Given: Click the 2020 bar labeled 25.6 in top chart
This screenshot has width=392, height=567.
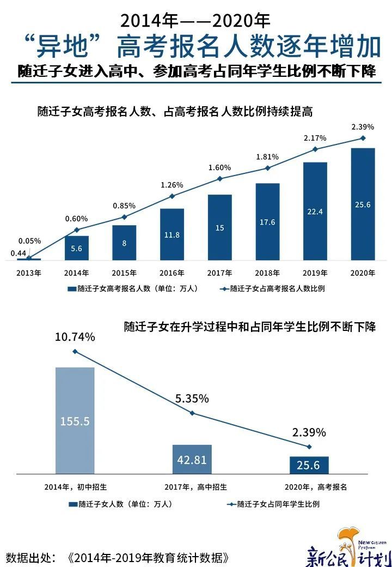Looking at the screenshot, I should pyautogui.click(x=363, y=204).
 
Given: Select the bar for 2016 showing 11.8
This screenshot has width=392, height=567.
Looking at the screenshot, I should pyautogui.click(x=172, y=234).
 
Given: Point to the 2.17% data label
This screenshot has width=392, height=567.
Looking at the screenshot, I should pyautogui.click(x=315, y=138).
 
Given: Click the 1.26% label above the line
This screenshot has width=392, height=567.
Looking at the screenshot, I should pyautogui.click(x=172, y=185).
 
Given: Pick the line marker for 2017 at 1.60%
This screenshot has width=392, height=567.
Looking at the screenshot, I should pyautogui.click(x=219, y=179).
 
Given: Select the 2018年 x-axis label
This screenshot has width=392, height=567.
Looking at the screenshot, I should pyautogui.click(x=267, y=273).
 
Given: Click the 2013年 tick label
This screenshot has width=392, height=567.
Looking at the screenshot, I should pyautogui.click(x=29, y=273).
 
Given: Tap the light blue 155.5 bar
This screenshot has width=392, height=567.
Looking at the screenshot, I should pyautogui.click(x=75, y=420).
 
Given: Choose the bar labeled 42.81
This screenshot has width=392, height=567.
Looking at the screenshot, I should pyautogui.click(x=192, y=459).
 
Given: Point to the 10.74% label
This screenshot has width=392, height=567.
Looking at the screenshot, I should pyautogui.click(x=75, y=337).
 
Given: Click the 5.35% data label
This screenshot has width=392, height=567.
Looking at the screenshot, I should pyautogui.click(x=192, y=399).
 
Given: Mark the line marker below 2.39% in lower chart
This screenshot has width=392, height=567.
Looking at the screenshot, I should pyautogui.click(x=309, y=447).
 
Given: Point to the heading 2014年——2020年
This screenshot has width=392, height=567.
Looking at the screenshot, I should pyautogui.click(x=195, y=21).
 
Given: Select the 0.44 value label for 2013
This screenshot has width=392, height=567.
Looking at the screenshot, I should pyautogui.click(x=18, y=252).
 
